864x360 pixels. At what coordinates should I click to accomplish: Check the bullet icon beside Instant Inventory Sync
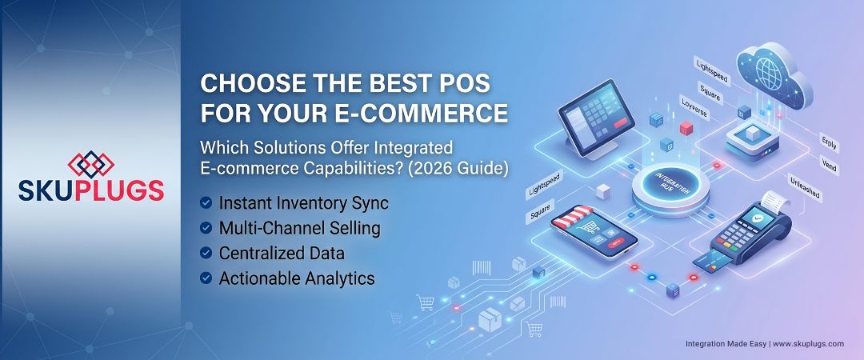coord(206,203)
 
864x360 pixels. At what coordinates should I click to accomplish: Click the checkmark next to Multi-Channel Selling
coord(206,228)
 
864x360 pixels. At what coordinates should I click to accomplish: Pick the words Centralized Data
coord(282,253)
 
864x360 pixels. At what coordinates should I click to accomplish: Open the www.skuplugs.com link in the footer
coord(808,343)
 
